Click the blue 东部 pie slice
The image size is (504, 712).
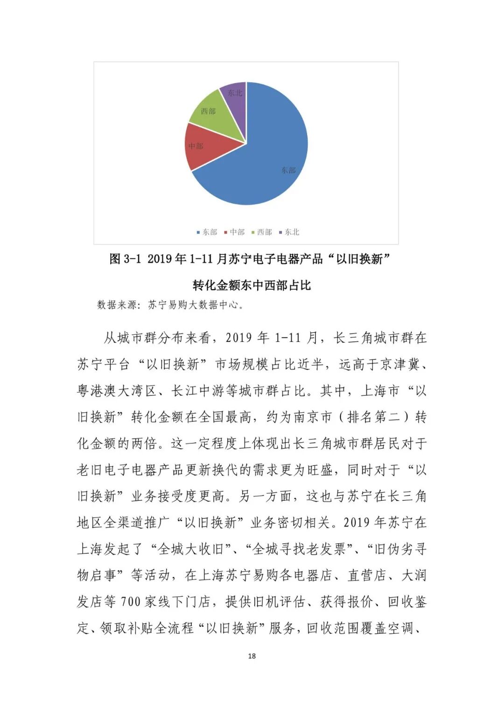271,159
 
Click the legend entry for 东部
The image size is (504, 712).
207,232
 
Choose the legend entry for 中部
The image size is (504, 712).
234,232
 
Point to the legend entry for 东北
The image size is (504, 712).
289,232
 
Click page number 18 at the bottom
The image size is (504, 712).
252,656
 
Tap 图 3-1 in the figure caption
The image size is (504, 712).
125,259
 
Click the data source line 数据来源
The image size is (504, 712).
170,305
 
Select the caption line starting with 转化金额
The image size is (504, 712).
252,285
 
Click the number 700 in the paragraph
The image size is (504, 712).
131,602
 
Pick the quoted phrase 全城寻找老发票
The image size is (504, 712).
299,549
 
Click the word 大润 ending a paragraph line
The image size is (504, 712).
414,575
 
